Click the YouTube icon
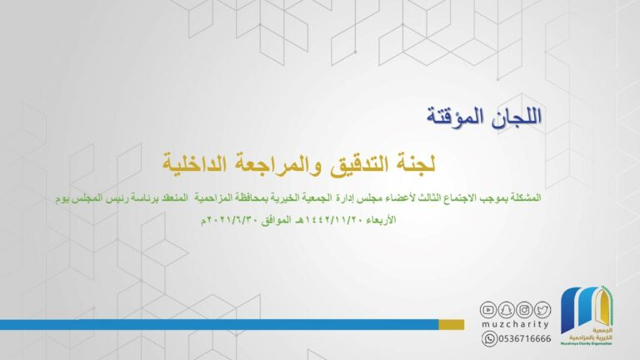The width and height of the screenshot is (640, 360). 487,310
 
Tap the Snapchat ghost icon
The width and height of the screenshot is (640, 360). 506,310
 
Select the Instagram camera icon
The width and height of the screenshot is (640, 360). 524,310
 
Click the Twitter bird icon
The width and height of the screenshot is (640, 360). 542,310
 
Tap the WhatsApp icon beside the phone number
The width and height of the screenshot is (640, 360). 489,338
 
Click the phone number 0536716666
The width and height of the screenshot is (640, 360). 524,338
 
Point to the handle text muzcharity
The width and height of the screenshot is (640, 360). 516,324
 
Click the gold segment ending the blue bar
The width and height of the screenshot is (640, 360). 452,324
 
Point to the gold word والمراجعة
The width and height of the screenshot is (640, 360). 274,164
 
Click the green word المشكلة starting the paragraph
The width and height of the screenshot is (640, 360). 526,198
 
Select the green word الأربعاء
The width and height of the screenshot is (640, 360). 381,220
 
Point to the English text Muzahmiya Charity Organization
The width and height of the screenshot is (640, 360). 587,344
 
